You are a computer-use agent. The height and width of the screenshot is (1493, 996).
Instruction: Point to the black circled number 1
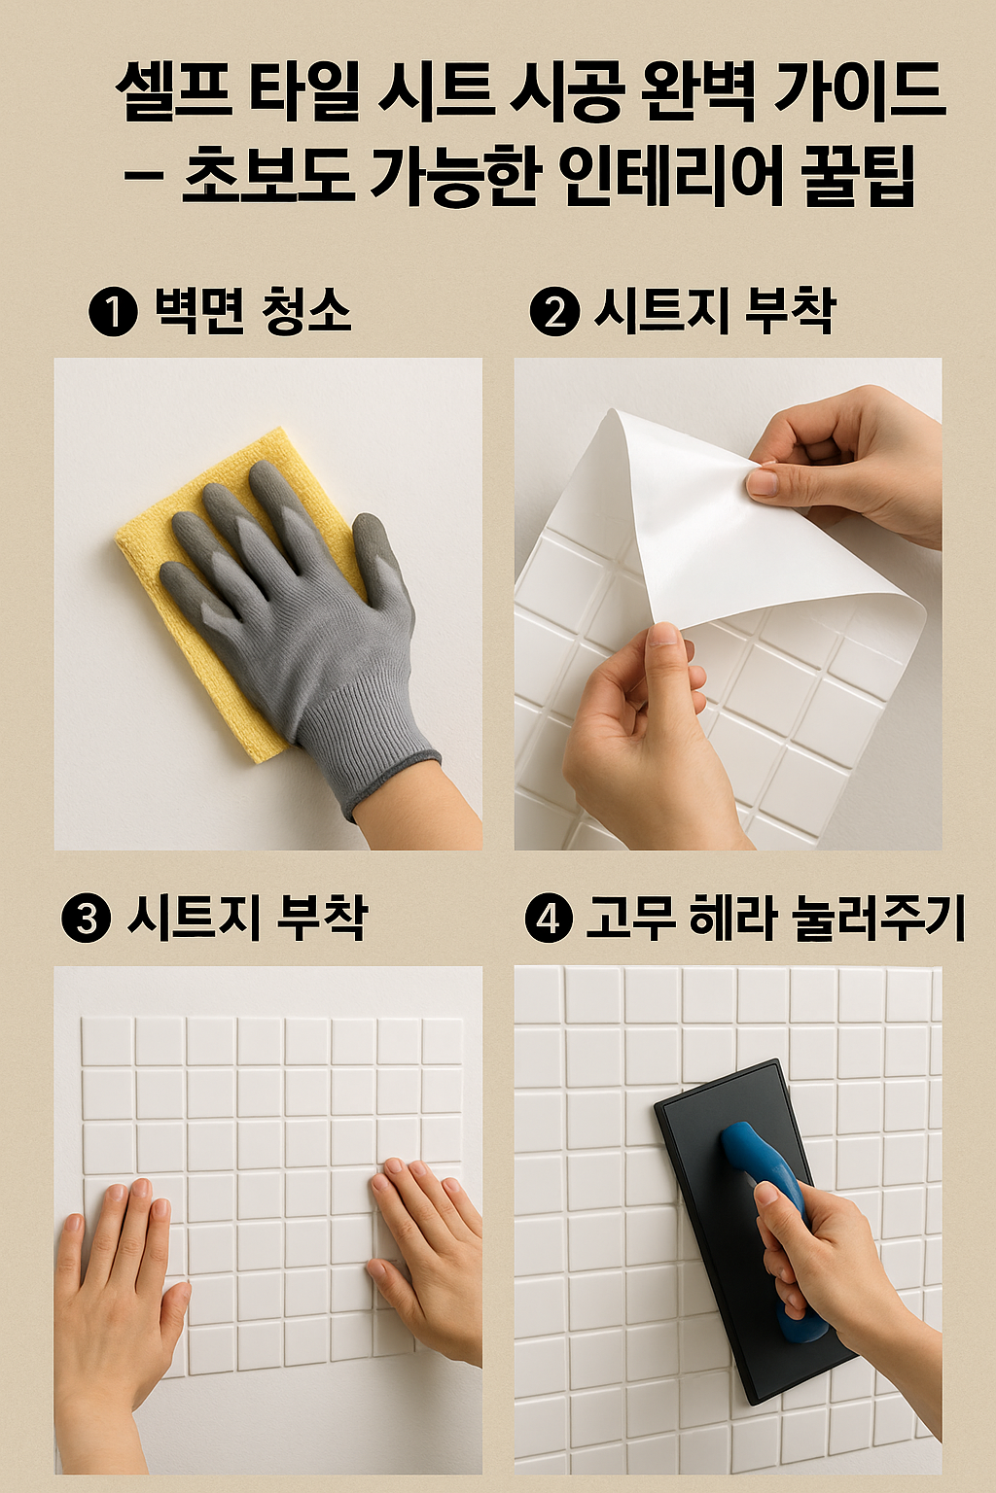click(x=113, y=313)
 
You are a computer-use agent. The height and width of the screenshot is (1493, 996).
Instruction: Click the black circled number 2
click(x=554, y=313)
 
